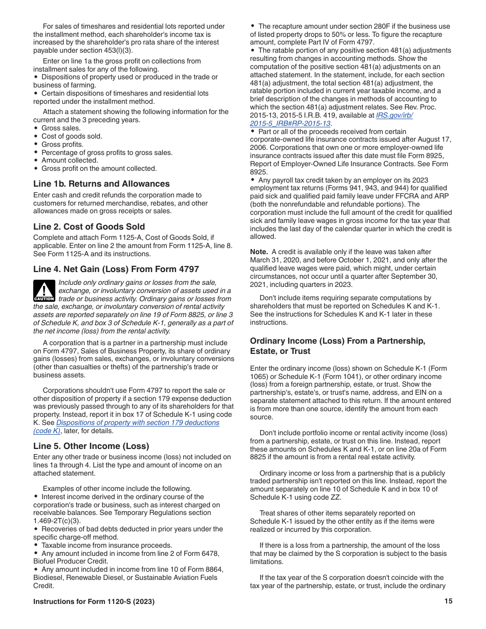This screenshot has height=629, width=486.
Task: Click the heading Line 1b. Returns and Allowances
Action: point(101,184)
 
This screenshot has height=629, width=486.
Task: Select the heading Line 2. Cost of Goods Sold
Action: point(89,227)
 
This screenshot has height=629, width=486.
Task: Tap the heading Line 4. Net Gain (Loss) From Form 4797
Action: point(116,269)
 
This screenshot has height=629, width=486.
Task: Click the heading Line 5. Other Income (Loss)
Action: point(91,446)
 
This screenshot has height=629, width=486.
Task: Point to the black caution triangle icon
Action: point(44,290)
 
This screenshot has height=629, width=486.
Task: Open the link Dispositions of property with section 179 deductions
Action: point(138,422)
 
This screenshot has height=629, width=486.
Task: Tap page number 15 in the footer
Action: point(448,601)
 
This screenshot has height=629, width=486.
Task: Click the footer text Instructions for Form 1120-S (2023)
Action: point(94,601)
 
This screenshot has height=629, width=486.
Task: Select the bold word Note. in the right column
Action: point(259,252)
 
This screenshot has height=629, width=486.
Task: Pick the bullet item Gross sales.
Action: point(61,128)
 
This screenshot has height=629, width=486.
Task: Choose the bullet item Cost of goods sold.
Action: point(72,136)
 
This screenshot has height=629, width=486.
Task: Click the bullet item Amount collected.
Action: point(70,160)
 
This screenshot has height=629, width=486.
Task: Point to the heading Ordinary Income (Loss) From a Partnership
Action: point(338,341)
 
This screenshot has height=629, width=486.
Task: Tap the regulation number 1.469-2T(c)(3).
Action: point(57,521)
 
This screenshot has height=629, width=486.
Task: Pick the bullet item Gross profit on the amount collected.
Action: point(99,168)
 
